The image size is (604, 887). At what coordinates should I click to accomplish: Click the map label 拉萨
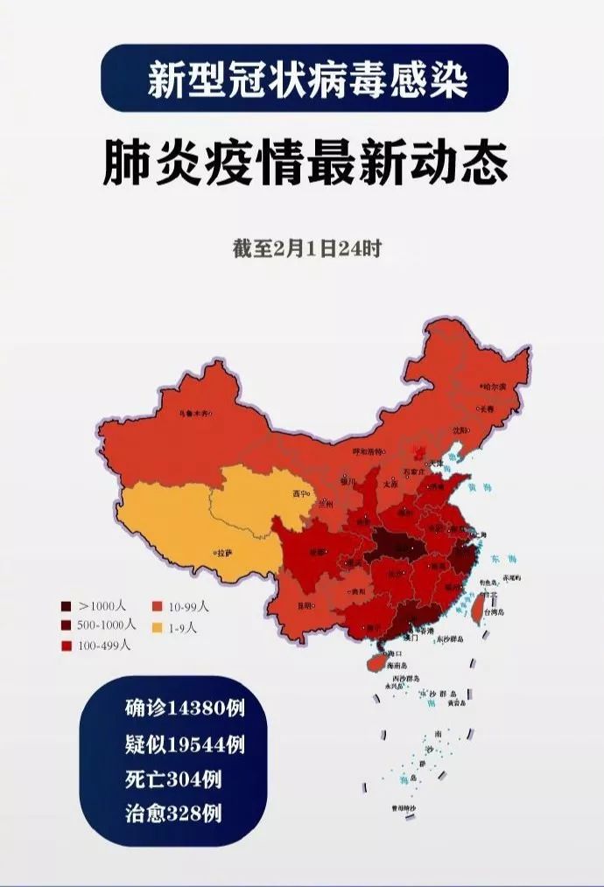click(225, 552)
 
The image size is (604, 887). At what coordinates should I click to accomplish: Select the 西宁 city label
click(300, 494)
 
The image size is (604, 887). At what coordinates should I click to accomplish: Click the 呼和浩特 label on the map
click(368, 451)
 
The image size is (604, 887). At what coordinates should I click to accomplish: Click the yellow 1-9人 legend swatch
click(158, 627)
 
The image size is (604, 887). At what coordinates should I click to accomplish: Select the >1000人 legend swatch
click(67, 606)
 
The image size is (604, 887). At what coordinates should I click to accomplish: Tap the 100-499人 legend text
click(104, 646)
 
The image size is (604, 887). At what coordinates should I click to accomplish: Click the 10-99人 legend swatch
click(158, 606)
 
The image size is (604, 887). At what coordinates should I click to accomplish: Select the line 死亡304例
click(172, 779)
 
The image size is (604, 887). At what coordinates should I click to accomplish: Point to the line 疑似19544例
click(184, 744)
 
